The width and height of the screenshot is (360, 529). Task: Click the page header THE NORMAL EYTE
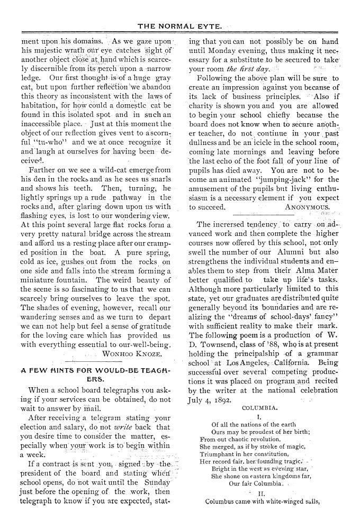180,25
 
